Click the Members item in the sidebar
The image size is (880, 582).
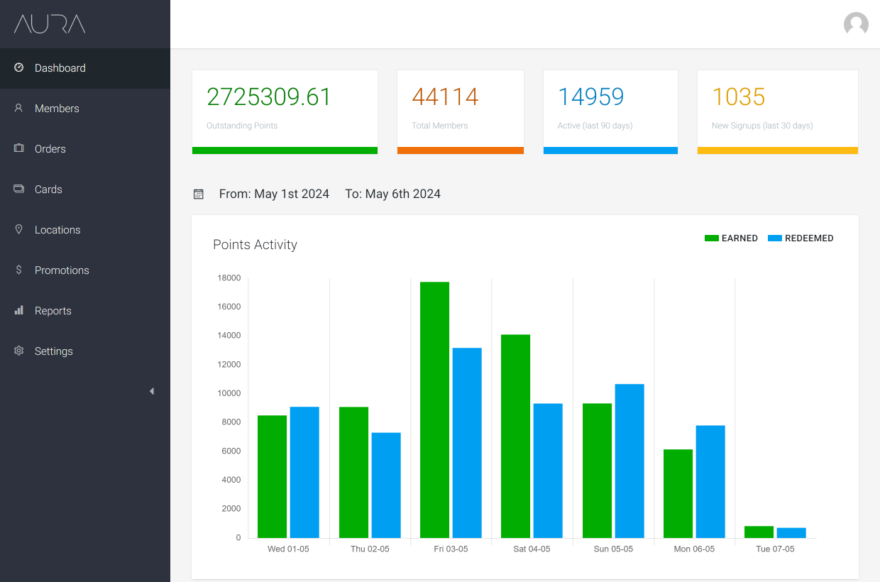point(57,109)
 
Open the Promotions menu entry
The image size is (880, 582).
point(62,270)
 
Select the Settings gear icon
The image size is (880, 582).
point(19,351)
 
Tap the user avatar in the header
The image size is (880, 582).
point(856,24)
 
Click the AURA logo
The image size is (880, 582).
point(50,24)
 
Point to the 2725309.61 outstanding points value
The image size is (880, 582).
point(269,97)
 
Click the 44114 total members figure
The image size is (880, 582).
point(445,97)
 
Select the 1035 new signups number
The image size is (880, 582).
point(738,97)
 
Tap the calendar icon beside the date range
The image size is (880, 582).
point(199,194)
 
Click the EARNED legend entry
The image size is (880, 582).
point(731,238)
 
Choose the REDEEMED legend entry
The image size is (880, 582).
point(801,238)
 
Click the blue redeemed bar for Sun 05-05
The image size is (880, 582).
point(629,461)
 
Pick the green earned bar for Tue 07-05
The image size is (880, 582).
point(759,532)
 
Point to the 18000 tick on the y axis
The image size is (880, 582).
point(229,278)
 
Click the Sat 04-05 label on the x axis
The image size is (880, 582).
point(532,549)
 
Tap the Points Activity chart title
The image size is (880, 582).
point(255,245)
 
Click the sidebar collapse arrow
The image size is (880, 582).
point(151,391)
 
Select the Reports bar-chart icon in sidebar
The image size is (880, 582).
point(19,310)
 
